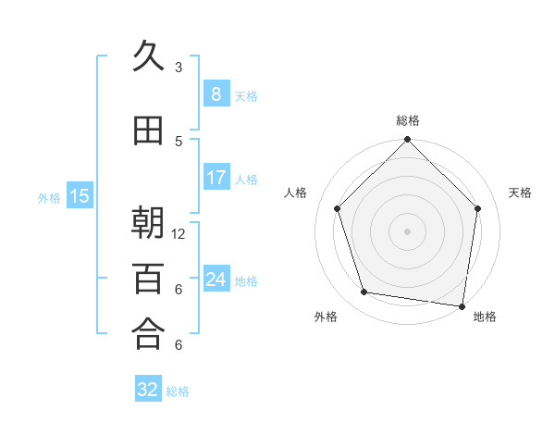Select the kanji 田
(148, 131)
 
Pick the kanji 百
(148, 278)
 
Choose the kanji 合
(148, 333)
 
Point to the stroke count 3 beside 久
(179, 68)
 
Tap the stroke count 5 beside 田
(179, 142)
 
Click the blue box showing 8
(216, 93)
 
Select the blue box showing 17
(216, 178)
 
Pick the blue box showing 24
(216, 279)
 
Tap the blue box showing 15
(80, 195)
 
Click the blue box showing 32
(148, 390)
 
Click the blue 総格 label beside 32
(178, 391)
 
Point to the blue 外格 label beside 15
(49, 197)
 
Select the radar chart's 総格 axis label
(407, 120)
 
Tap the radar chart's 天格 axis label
(520, 193)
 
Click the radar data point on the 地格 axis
(462, 305)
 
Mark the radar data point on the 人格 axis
(338, 208)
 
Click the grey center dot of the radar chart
(407, 230)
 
